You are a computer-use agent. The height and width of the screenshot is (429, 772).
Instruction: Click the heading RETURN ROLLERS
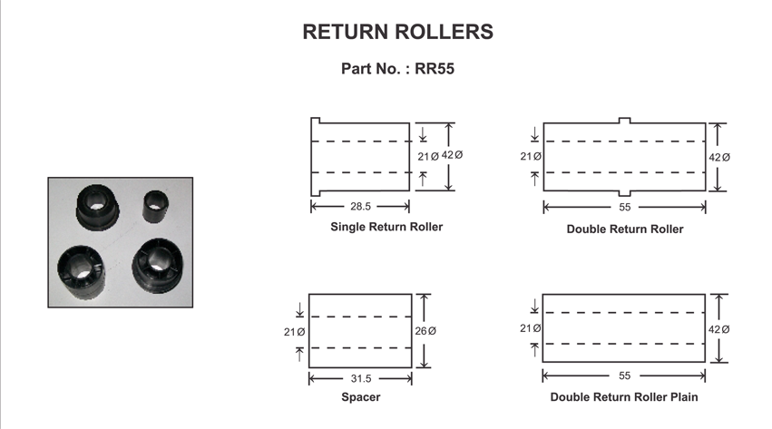(x=397, y=32)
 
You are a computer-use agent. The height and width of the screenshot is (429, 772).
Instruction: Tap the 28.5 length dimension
(x=360, y=206)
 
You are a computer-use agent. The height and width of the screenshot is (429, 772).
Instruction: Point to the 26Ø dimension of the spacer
(x=426, y=332)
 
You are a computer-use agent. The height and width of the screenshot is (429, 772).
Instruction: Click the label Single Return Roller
(x=386, y=227)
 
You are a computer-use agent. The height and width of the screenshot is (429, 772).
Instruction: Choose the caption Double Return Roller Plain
(x=624, y=397)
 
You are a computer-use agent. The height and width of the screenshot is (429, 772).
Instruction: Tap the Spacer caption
(x=361, y=397)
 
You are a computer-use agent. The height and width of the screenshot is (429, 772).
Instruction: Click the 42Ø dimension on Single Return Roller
(x=453, y=156)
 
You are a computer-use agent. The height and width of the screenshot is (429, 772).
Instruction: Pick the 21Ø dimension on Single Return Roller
(x=428, y=157)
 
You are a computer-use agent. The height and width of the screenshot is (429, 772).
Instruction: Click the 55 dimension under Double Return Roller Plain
(x=624, y=375)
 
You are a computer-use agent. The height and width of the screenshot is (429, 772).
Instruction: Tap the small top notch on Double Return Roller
(x=625, y=120)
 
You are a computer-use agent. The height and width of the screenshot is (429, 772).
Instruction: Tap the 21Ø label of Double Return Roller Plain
(x=531, y=328)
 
